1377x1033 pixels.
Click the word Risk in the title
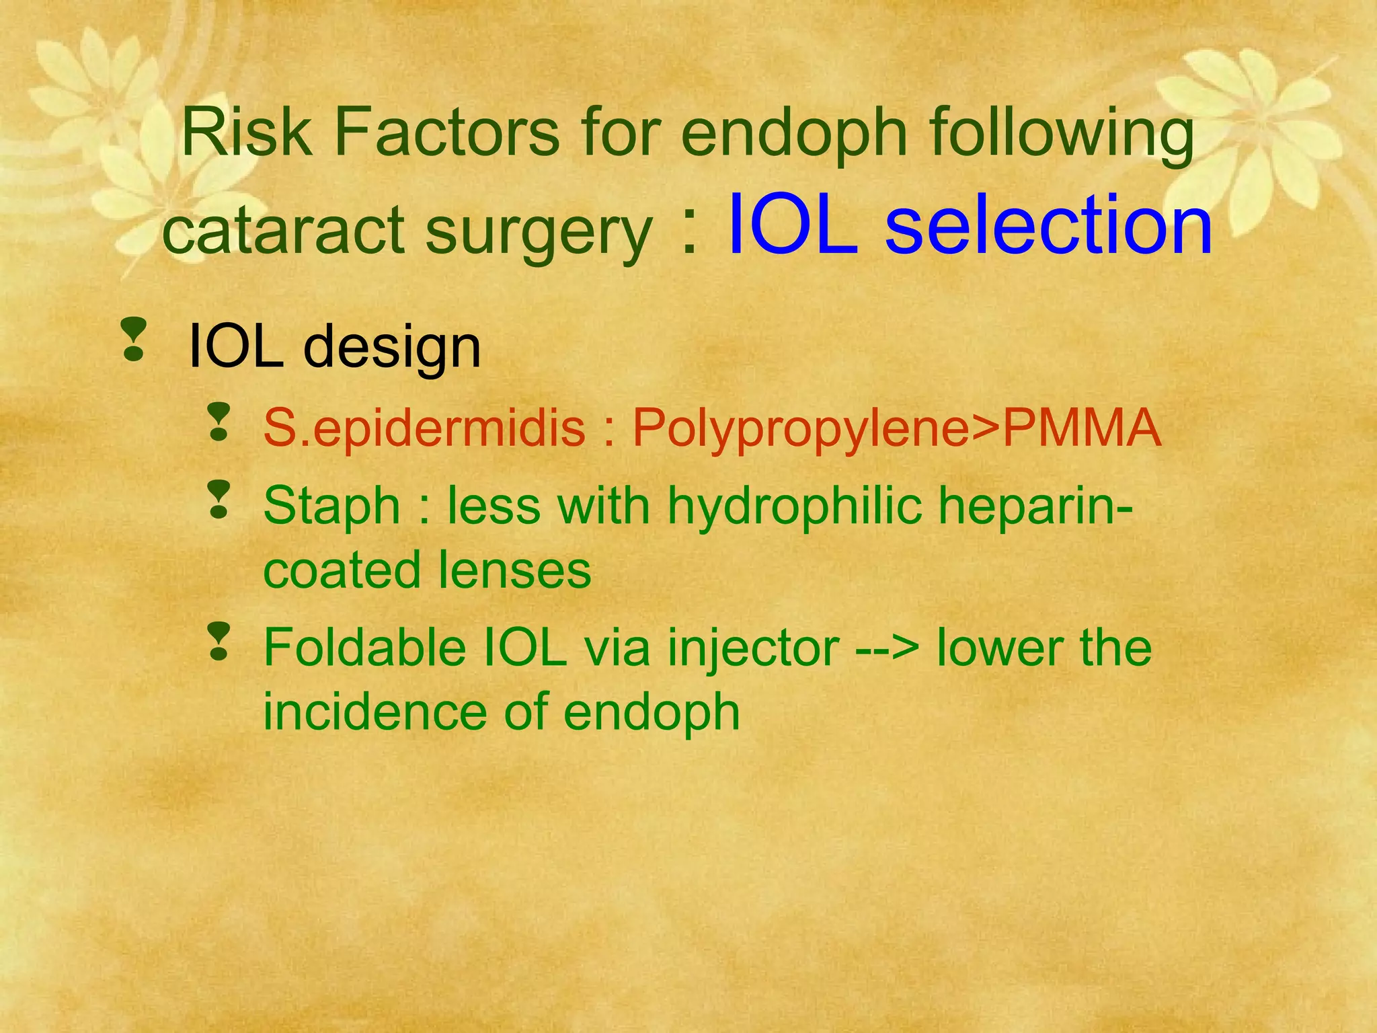tap(245, 132)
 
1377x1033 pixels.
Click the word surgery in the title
tap(538, 232)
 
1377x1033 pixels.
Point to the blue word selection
tap(1048, 225)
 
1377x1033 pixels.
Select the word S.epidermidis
tap(424, 428)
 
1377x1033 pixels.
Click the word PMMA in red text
tap(1082, 428)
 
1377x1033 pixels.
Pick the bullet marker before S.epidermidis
tap(219, 422)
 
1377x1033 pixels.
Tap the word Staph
tap(331, 506)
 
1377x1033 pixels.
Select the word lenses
tap(514, 570)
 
